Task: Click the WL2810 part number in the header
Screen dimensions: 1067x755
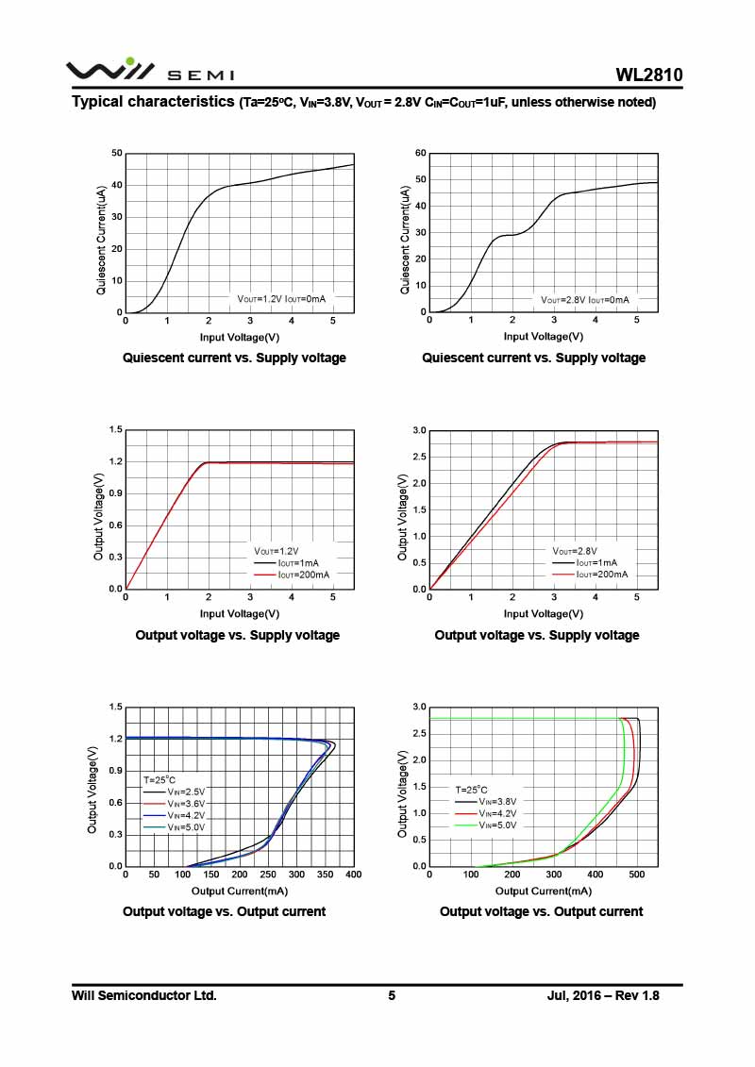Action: (x=649, y=75)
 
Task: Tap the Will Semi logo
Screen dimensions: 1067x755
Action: (x=149, y=71)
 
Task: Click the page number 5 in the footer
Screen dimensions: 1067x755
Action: (x=392, y=995)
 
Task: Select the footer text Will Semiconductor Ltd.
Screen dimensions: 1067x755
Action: (x=144, y=995)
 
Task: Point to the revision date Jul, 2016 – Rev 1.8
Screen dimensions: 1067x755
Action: (x=603, y=995)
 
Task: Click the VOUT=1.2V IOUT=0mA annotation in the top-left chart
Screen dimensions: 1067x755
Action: (x=281, y=299)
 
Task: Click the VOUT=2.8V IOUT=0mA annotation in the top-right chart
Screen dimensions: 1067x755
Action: (x=584, y=299)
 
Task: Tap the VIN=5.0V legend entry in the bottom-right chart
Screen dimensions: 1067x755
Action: (x=487, y=825)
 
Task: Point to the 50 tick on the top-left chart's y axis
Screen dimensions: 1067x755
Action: (x=117, y=153)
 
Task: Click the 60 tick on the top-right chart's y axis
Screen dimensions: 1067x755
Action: (x=421, y=153)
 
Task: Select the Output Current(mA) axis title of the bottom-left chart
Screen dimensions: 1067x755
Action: (x=240, y=891)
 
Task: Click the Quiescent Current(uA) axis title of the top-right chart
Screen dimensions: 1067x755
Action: (x=405, y=240)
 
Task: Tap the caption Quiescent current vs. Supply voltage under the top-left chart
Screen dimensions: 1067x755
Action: (x=234, y=358)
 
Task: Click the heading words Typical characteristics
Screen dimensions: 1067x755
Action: (x=153, y=101)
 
